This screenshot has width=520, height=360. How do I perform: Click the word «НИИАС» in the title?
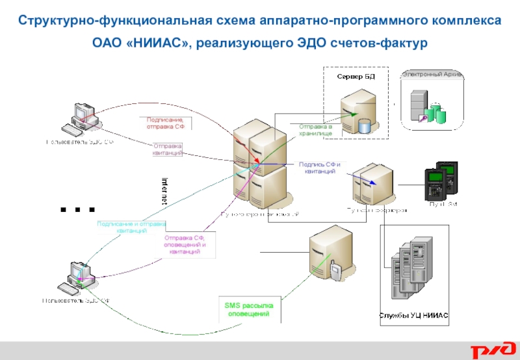click(x=159, y=44)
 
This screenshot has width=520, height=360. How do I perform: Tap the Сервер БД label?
click(x=356, y=77)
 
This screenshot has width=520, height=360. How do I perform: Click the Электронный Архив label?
click(x=432, y=75)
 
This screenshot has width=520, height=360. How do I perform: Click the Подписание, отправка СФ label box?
click(x=164, y=123)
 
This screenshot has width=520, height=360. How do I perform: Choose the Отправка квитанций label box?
click(x=168, y=149)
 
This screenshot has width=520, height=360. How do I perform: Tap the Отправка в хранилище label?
click(x=316, y=129)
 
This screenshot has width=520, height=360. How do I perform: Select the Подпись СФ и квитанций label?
click(x=319, y=168)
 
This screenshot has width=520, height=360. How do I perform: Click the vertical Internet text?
click(x=164, y=190)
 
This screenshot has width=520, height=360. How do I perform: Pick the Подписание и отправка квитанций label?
click(x=131, y=227)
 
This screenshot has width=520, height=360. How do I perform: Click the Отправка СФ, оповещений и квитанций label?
click(x=185, y=246)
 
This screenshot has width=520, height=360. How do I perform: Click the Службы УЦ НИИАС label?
click(x=414, y=315)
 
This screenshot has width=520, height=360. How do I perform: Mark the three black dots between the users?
click(x=78, y=210)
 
